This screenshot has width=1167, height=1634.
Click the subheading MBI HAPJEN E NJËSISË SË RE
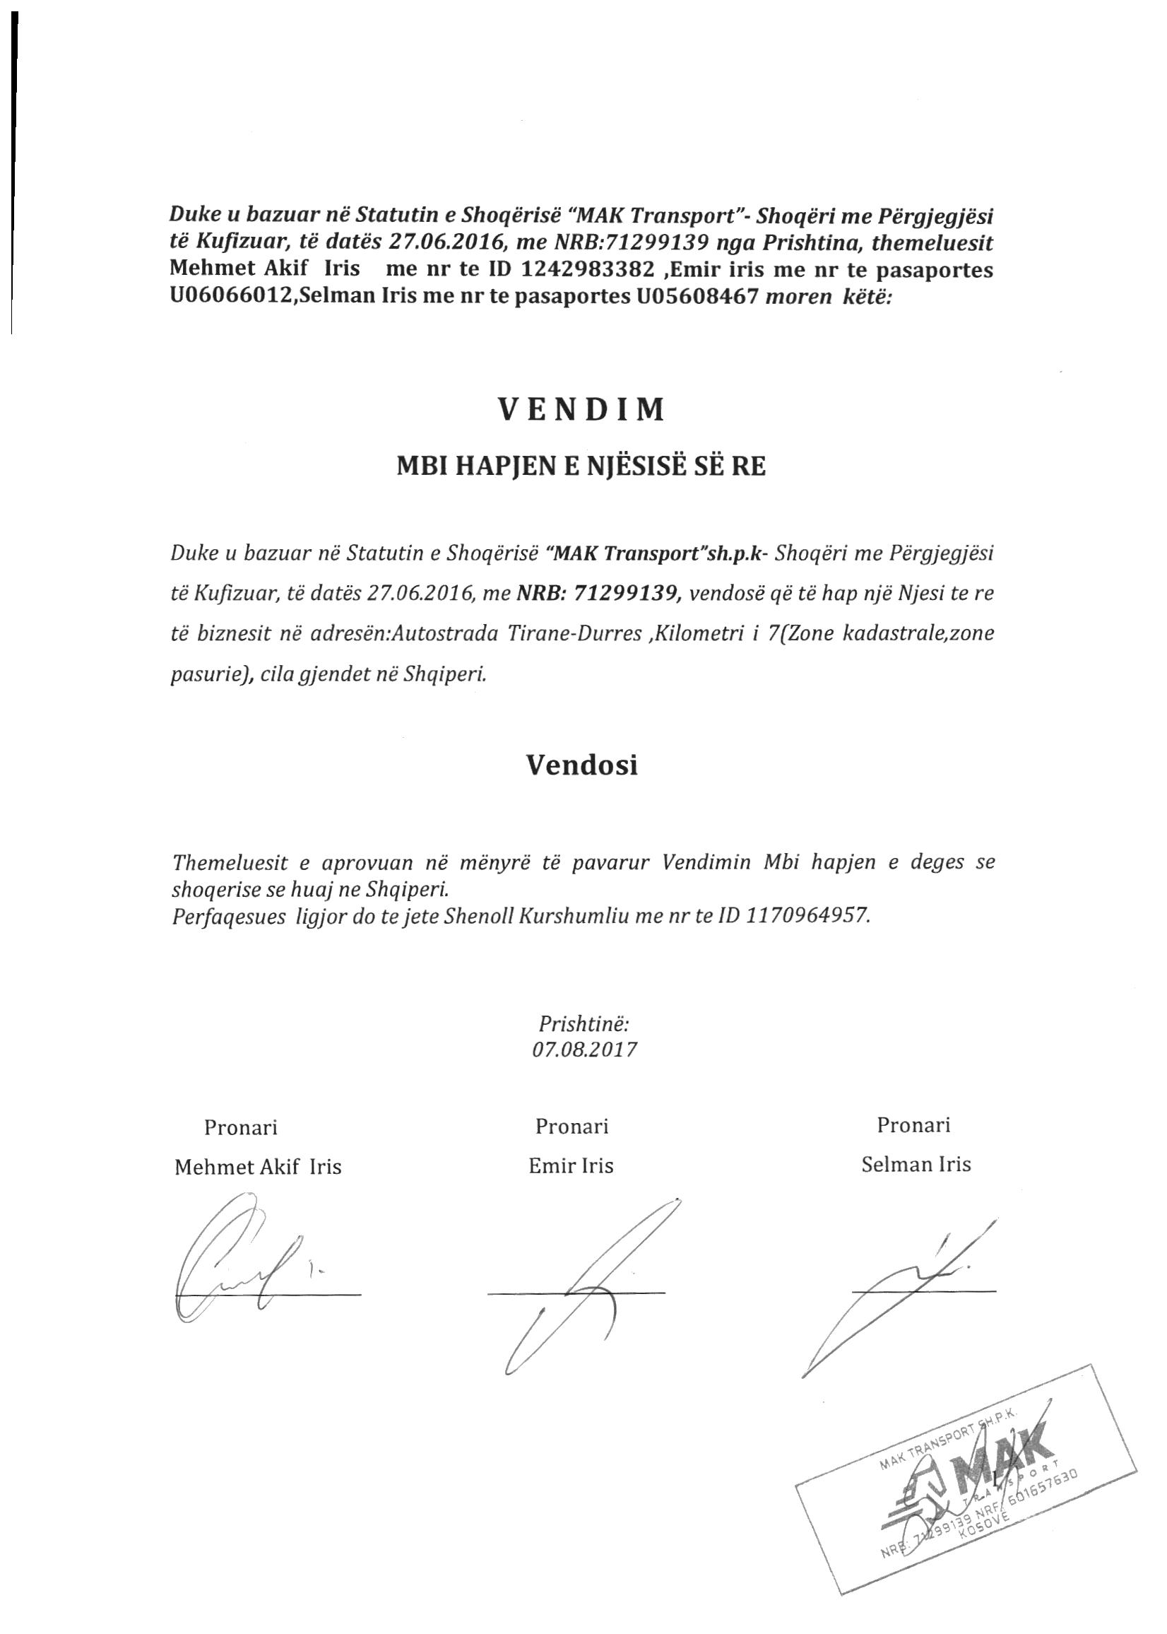point(581,467)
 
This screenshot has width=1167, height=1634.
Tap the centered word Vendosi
point(581,765)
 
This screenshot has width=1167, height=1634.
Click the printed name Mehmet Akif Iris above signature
point(258,1167)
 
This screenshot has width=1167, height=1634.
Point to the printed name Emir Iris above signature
point(571,1166)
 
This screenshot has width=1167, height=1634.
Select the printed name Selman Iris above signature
point(916,1165)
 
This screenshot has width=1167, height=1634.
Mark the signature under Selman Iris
point(913,1287)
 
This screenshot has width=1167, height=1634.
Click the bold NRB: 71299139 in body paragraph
point(597,592)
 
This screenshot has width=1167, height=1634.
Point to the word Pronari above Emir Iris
point(571,1127)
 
